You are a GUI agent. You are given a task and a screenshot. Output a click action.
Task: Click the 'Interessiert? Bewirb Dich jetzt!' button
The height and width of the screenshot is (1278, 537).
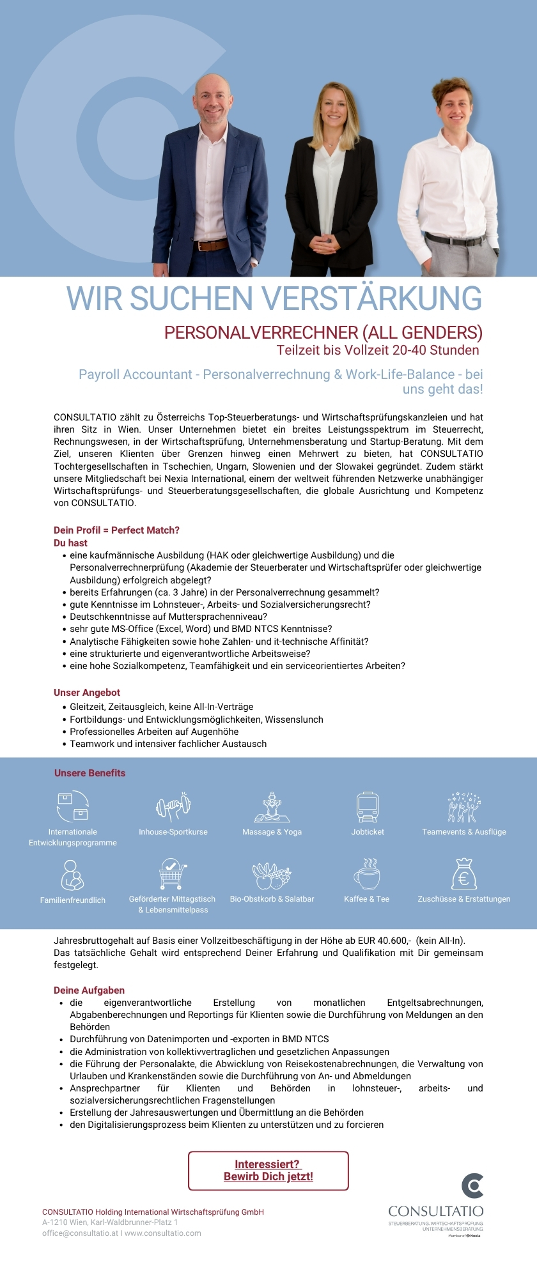[268, 1171]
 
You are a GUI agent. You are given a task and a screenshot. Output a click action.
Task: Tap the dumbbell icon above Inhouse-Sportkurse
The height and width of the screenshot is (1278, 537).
[173, 806]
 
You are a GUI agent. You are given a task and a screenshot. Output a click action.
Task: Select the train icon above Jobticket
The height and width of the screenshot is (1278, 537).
[368, 806]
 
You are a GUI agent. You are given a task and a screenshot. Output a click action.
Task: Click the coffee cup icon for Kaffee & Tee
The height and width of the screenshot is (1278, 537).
[367, 874]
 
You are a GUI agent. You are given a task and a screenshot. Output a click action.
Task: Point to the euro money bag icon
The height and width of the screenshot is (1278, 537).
[463, 874]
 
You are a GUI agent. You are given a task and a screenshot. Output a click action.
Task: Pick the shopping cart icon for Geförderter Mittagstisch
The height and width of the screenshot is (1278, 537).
[172, 874]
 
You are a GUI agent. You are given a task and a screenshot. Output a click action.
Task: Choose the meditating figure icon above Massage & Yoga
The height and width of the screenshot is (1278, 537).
[272, 806]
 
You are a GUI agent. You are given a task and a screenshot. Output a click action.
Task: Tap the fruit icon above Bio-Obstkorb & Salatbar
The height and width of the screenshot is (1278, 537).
[272, 875]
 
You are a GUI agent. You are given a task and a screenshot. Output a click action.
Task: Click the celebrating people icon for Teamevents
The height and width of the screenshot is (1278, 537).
[463, 807]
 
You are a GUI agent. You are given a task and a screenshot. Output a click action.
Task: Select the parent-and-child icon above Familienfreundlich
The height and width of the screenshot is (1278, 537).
[72, 875]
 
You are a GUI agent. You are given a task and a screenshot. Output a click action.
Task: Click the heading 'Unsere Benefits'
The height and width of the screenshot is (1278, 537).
[89, 773]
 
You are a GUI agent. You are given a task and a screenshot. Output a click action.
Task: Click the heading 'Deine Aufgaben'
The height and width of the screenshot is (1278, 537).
[89, 990]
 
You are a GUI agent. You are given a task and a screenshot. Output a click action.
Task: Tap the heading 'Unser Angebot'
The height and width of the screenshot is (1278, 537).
[87, 693]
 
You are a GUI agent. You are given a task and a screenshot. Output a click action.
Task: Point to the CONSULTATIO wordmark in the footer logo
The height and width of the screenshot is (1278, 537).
[436, 1212]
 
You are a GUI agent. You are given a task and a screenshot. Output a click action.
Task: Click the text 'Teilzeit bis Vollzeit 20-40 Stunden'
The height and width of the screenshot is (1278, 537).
[378, 350]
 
